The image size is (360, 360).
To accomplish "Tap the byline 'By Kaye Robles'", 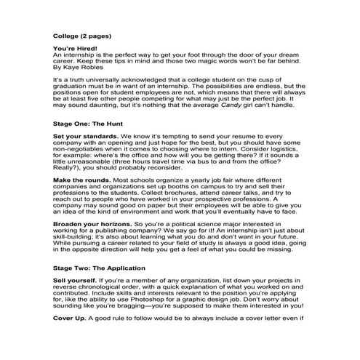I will point(79,69).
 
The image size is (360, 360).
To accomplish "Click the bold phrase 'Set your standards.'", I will point(84,137).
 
